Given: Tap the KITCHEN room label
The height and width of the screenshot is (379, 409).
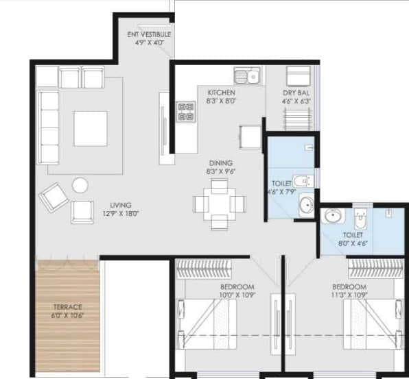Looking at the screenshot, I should point(220,93).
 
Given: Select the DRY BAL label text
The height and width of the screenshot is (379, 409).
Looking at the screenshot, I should point(296,93).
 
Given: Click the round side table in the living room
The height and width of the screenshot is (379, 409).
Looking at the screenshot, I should point(80,184).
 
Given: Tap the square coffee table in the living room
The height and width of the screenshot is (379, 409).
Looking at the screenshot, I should point(90,128).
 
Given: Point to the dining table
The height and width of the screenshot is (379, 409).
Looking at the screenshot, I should point(220,204).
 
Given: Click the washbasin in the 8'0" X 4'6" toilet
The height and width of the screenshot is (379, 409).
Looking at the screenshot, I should point(332,216).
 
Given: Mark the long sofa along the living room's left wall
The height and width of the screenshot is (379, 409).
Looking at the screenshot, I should point(47,127).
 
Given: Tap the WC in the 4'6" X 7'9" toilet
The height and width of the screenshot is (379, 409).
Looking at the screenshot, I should point(302,182).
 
